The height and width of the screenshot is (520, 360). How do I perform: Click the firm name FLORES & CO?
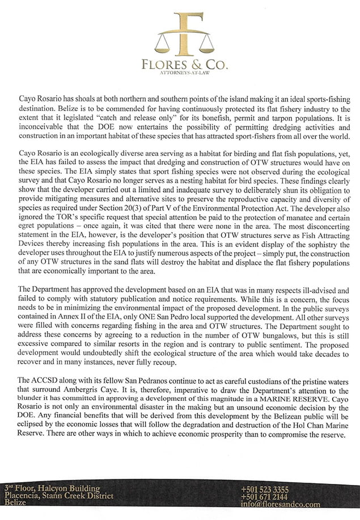click(185, 65)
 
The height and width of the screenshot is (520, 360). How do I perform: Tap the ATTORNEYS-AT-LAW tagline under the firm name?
click(185, 74)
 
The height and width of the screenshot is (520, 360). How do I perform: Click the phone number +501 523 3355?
click(265, 488)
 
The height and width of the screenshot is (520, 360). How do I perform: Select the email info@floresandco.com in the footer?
click(280, 504)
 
